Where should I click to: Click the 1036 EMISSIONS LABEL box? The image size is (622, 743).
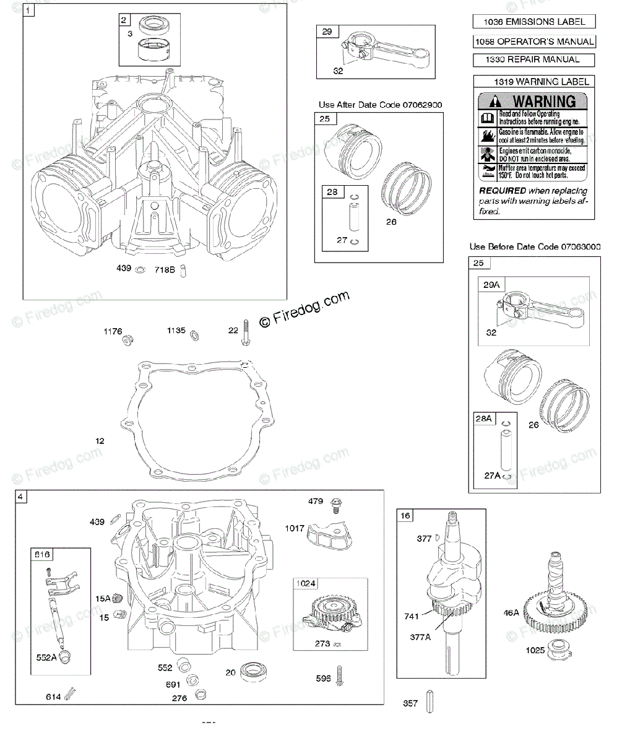533,22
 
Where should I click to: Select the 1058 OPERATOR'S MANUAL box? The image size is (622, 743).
533,41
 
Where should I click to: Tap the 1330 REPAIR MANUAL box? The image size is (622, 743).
533,60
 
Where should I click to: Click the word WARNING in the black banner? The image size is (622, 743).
544,102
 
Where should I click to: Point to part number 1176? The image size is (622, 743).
113,331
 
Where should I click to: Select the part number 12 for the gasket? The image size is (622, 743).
100,441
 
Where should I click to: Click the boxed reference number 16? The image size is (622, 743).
405,515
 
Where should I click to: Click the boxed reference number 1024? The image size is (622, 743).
306,584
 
